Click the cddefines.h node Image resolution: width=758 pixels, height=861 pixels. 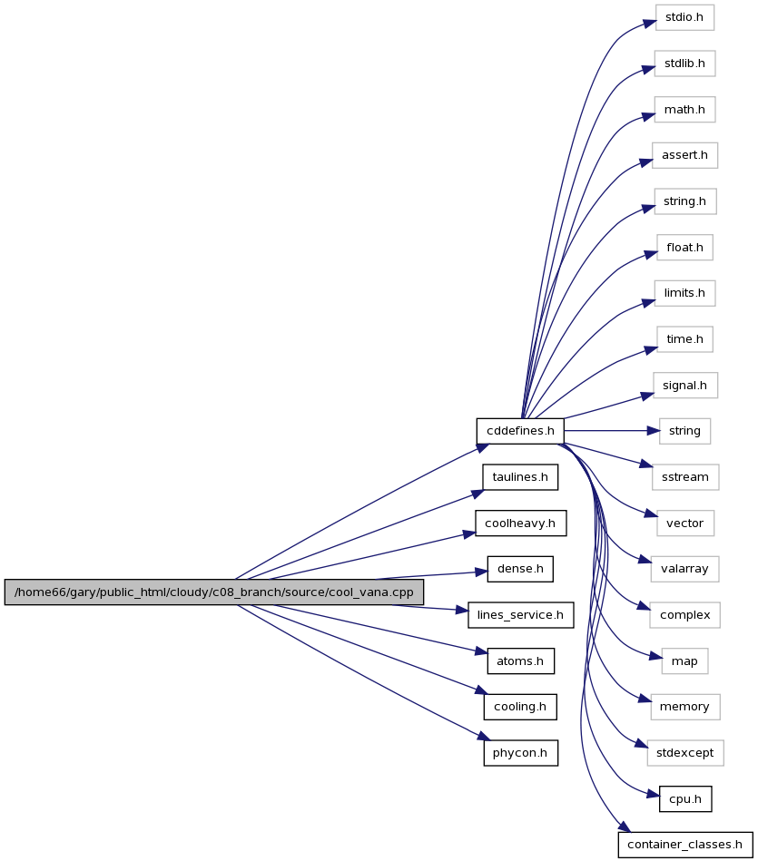click(520, 431)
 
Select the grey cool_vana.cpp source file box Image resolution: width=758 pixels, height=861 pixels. click(214, 592)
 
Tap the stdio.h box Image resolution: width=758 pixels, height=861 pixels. click(684, 17)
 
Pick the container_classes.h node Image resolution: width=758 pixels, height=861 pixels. click(685, 845)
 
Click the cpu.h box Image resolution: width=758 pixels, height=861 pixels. click(685, 799)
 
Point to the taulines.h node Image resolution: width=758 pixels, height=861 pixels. click(520, 477)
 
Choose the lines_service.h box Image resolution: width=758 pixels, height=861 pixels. click(521, 615)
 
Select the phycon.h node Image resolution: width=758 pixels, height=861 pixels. click(521, 753)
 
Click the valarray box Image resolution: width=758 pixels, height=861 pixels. click(685, 569)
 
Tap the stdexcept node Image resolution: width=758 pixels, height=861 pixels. click(685, 753)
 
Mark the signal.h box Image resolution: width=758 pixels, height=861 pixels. click(685, 386)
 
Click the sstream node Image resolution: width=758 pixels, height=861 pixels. click(685, 477)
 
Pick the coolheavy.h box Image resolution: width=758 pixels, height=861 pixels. click(521, 523)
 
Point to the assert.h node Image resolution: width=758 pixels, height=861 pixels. click(685, 155)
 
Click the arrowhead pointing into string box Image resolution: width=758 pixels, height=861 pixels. click(654, 431)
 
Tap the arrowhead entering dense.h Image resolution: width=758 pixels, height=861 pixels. click(481, 572)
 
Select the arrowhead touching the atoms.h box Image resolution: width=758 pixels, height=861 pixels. click(481, 651)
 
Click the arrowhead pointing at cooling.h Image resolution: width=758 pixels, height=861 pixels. click(481, 690)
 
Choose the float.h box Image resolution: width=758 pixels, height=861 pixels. click(685, 248)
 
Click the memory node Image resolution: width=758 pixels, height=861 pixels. click(685, 707)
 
